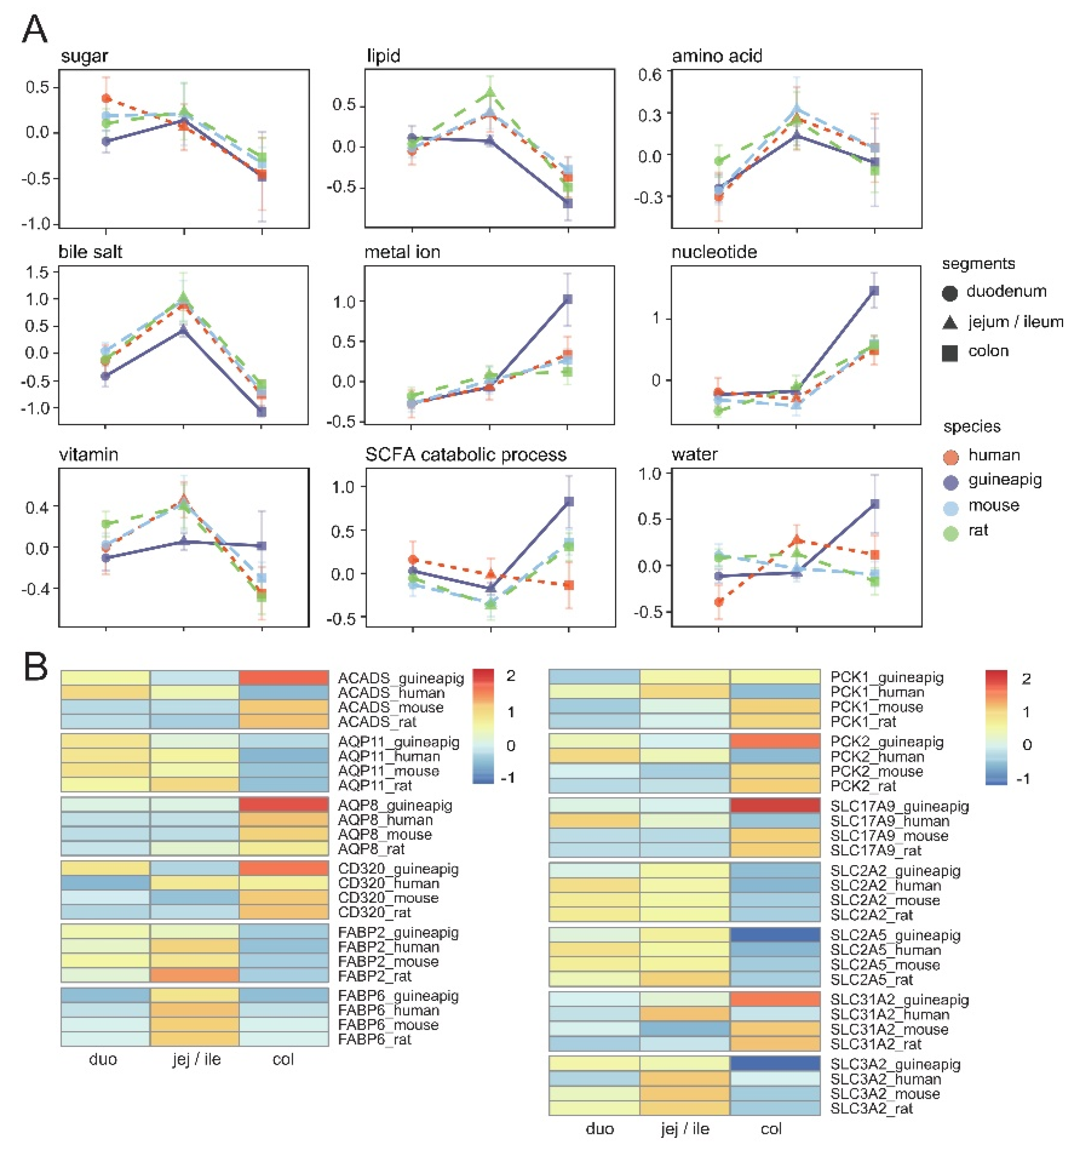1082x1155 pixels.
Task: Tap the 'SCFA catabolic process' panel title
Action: [x=465, y=454]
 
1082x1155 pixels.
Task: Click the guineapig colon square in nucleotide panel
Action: [x=874, y=290]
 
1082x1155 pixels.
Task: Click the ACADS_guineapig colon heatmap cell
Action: [x=284, y=677]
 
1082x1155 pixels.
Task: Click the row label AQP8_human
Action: [x=385, y=820]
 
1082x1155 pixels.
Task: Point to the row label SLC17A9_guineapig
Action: [x=899, y=806]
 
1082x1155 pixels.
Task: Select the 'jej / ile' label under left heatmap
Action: [x=196, y=1059]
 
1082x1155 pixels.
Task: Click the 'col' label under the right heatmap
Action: [x=771, y=1128]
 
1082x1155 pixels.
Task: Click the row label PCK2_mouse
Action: [x=876, y=771]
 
